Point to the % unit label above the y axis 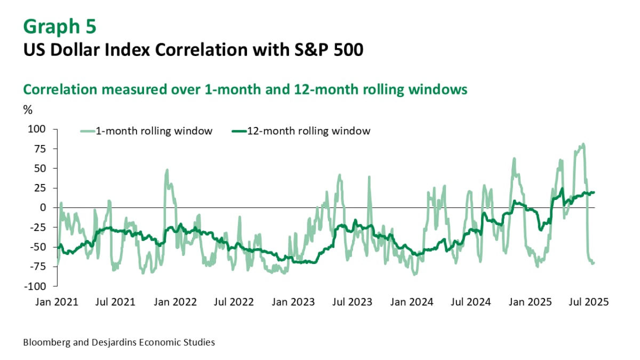click(x=28, y=110)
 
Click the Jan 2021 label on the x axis click(x=57, y=302)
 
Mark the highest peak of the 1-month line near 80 click(x=583, y=144)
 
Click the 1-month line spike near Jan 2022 click(x=167, y=170)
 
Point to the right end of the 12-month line click(x=594, y=193)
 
